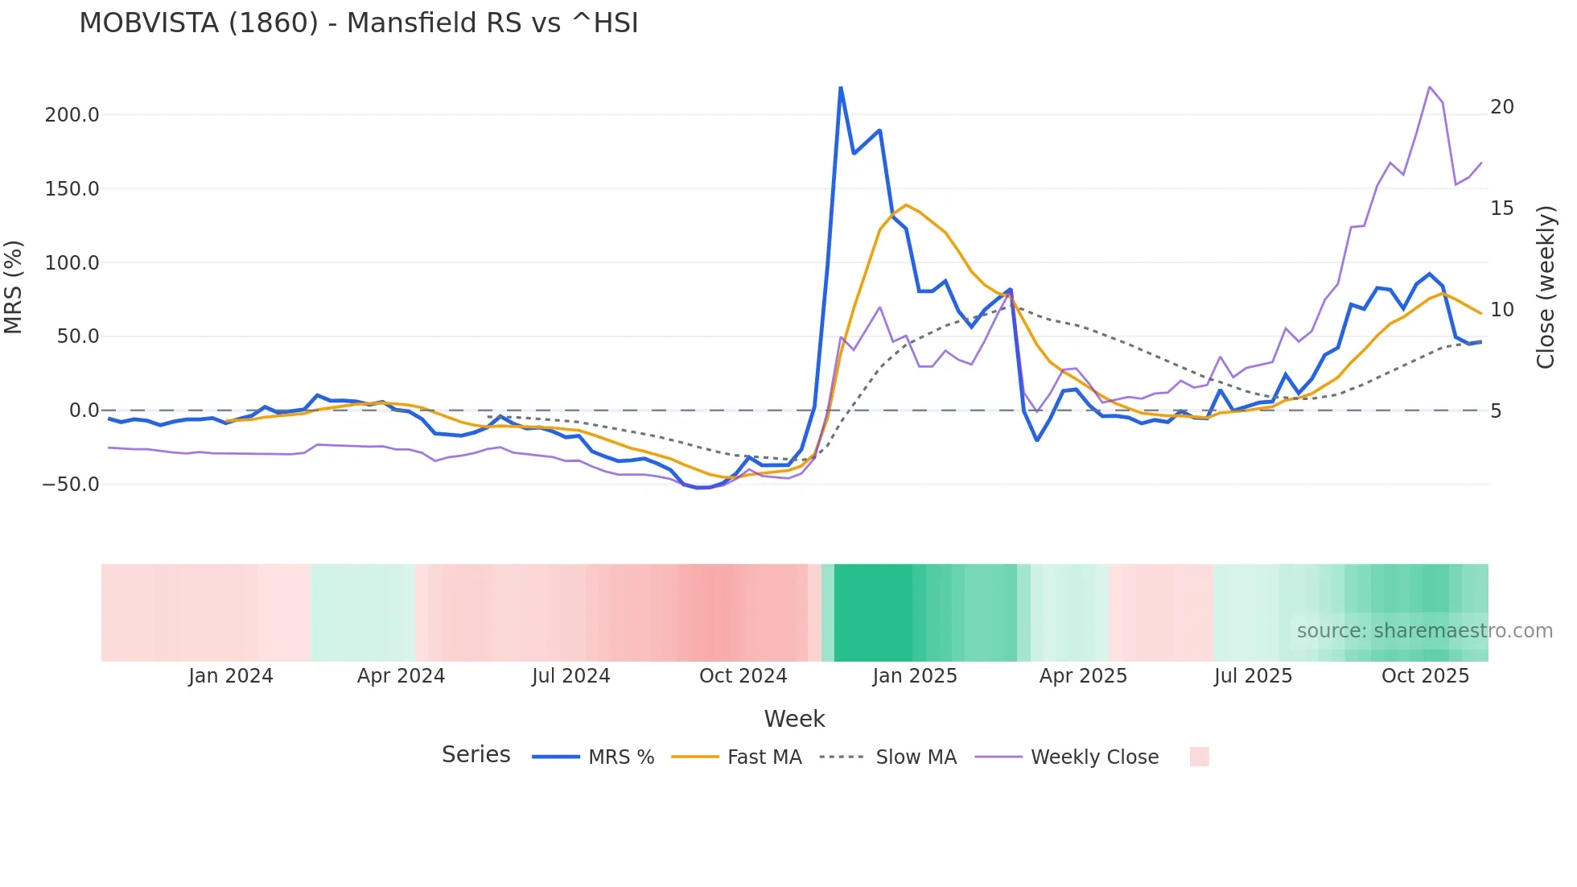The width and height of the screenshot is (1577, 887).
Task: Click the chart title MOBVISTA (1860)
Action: [358, 23]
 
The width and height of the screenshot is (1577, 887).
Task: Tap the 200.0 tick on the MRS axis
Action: [72, 115]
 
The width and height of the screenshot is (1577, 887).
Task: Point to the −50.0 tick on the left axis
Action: [71, 485]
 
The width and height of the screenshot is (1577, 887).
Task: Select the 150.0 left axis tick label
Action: [72, 189]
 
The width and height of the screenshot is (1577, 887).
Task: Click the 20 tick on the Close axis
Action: [1501, 107]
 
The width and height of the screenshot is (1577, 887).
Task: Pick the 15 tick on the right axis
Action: [1501, 208]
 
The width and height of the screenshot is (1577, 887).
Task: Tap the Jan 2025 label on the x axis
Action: [915, 676]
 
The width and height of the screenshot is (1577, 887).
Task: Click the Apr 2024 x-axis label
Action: [401, 676]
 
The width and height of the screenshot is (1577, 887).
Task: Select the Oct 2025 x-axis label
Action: [1425, 676]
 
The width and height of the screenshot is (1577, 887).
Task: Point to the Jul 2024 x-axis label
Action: [570, 676]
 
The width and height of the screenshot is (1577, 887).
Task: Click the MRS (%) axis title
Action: [13, 287]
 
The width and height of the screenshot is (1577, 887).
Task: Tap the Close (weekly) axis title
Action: [1545, 287]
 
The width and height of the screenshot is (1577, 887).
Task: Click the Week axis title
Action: [794, 719]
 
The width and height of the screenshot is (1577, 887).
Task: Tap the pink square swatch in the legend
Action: [1199, 757]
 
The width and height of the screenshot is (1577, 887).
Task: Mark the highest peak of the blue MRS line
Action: [841, 88]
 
